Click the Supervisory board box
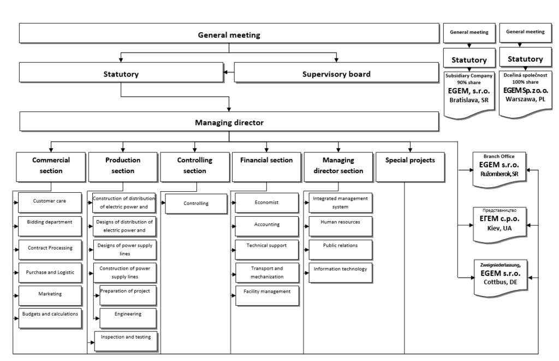[x=336, y=73]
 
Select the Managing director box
[x=229, y=122]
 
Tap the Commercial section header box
[x=51, y=167]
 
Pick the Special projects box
[x=410, y=167]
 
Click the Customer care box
[x=50, y=203]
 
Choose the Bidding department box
[x=50, y=226]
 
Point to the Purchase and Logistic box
[x=50, y=273]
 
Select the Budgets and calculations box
[x=50, y=318]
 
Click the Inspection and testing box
[x=126, y=341]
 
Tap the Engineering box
[x=128, y=318]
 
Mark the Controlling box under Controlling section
[x=196, y=204]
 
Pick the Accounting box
[x=266, y=226]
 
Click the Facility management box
[x=267, y=295]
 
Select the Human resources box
[x=341, y=226]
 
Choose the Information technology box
[x=341, y=273]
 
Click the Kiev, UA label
[x=499, y=228]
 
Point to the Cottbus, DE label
[x=500, y=282]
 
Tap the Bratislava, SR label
[x=469, y=100]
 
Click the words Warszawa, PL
[x=525, y=99]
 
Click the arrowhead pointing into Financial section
[x=266, y=150]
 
